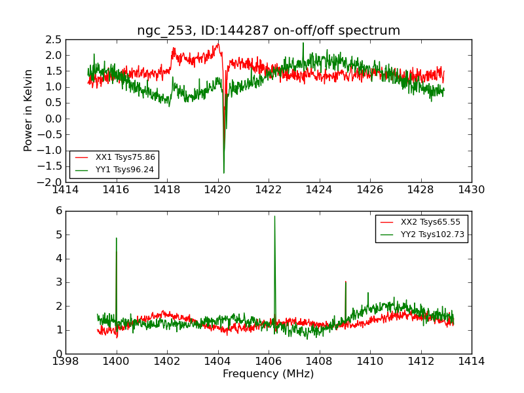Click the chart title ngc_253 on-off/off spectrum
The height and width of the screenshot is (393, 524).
coord(269,31)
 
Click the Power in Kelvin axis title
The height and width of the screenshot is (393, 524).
coord(28,110)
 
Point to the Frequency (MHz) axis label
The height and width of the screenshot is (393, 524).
coord(269,374)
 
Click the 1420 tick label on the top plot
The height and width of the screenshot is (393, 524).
coord(217,190)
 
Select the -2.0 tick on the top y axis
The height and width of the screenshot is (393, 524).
coord(52,182)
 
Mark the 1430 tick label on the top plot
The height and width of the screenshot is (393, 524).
coord(472,190)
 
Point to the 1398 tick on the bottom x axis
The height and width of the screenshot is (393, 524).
coord(65,361)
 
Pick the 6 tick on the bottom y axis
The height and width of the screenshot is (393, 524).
coord(59,211)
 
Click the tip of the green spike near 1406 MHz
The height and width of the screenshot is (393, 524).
coord(274,216)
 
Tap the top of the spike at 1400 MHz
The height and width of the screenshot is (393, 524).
coord(116,238)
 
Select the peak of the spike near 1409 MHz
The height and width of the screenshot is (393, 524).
coord(345,282)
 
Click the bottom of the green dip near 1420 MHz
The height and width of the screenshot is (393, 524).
coord(223,173)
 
